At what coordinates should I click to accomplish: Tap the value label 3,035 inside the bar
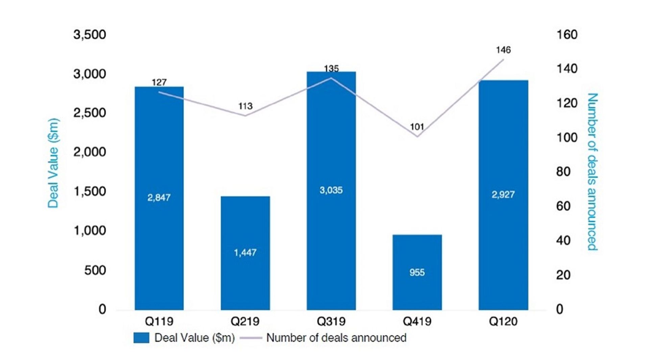(331, 190)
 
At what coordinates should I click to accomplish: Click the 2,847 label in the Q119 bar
(159, 197)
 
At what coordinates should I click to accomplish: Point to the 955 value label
(417, 272)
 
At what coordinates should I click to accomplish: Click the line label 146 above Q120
(503, 50)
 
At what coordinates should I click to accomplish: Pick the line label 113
(245, 106)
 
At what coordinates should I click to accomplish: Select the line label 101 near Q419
(417, 127)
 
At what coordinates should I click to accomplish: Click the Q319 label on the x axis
(331, 321)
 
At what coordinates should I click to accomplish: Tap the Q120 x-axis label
(503, 321)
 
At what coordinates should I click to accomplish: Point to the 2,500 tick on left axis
(90, 113)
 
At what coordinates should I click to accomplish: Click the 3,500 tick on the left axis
(90, 34)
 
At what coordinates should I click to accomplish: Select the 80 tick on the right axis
(563, 172)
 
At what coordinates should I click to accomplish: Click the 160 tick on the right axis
(567, 34)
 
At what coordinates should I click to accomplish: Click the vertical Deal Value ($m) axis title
(53, 163)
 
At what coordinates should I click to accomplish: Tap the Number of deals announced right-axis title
(592, 172)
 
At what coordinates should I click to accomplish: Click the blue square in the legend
(141, 338)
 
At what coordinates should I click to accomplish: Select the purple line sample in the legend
(251, 338)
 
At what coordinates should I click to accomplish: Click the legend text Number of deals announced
(336, 338)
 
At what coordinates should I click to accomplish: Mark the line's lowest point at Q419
(417, 137)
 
